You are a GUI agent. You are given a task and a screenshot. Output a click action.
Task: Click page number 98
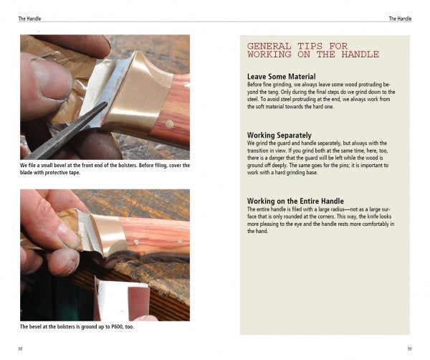pyautogui.click(x=20, y=349)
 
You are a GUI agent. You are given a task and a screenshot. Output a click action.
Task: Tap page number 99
pyautogui.click(x=409, y=349)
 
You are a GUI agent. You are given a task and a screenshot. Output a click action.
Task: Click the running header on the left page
pyautogui.click(x=29, y=19)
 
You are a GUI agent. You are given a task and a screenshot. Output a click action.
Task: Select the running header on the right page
pyautogui.click(x=400, y=19)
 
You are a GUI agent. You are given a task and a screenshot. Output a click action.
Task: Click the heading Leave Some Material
pyautogui.click(x=282, y=76)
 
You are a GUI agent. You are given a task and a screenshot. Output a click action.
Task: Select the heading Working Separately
pyautogui.click(x=279, y=135)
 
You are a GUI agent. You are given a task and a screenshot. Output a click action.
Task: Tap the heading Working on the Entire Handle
pyautogui.click(x=295, y=201)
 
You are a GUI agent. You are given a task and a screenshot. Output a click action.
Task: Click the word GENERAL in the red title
pyautogui.click(x=269, y=46)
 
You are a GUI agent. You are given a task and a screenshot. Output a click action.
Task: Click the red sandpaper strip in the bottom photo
pyautogui.click(x=139, y=303)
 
